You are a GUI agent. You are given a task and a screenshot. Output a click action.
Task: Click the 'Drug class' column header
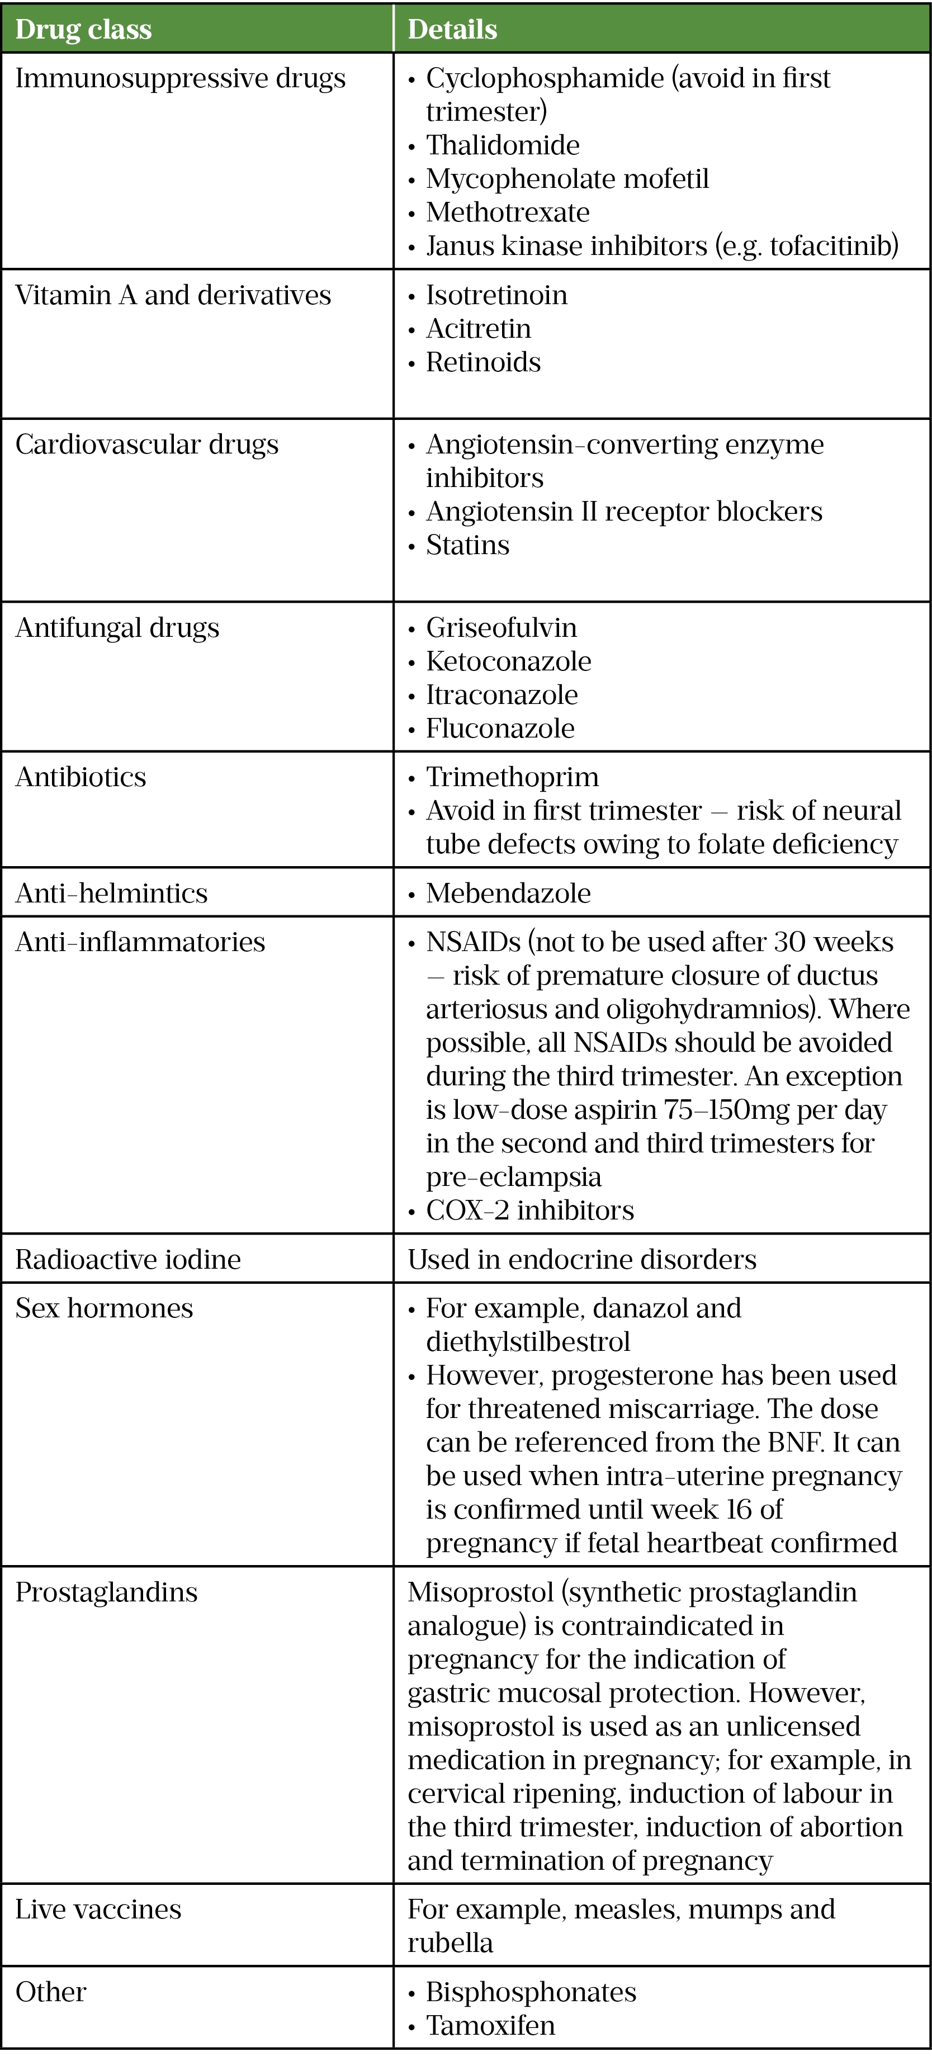83,30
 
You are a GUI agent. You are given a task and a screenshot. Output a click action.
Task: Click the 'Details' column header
452,30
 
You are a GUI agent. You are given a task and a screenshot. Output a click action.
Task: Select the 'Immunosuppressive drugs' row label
180,78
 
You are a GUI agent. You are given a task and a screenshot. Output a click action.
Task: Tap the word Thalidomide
503,145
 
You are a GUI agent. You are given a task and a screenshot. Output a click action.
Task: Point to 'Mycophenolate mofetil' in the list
567,179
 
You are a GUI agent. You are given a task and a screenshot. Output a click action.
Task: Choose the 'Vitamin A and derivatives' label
173,295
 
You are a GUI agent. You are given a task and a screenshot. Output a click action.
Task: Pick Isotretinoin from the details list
496,295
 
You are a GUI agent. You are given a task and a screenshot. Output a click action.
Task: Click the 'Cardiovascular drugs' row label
146,445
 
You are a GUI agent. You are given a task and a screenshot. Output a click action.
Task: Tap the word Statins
467,546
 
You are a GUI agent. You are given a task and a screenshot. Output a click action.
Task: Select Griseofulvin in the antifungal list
501,628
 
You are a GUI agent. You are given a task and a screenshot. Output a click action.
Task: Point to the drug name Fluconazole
500,729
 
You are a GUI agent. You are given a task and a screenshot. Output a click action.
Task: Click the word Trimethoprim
512,778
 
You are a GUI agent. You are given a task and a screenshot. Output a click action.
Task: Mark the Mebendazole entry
508,894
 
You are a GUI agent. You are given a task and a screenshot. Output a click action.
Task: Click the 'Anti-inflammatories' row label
140,943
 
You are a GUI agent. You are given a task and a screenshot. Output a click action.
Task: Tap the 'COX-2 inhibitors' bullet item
529,1211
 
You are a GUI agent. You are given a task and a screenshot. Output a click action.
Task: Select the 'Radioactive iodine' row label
128,1260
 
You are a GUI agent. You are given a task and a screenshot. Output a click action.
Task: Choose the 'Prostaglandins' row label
106,1593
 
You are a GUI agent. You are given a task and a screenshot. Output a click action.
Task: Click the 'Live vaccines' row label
98,1911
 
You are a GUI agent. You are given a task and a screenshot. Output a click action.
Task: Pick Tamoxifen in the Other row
490,2026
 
